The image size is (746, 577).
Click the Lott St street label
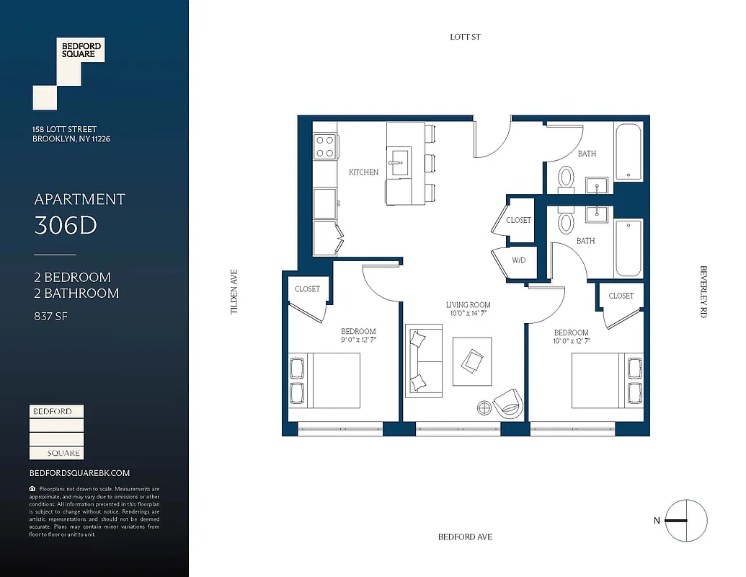(x=465, y=37)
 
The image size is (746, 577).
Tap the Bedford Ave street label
(x=465, y=537)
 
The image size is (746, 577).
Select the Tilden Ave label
(x=234, y=291)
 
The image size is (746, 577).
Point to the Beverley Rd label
(x=703, y=291)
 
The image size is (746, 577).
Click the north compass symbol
(x=685, y=521)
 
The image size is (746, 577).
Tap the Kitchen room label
(x=363, y=172)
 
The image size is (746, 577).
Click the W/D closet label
(x=518, y=260)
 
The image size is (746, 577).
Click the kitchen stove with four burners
(x=325, y=147)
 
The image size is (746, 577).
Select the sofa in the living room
(x=424, y=360)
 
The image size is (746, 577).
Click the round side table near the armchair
(x=484, y=408)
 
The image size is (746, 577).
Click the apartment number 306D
(x=66, y=226)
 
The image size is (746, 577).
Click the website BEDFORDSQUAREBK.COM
(x=79, y=473)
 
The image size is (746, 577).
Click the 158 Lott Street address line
(x=65, y=129)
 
